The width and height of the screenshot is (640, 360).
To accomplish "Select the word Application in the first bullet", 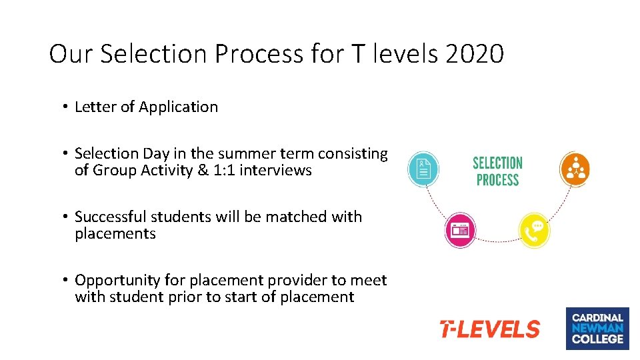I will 178,107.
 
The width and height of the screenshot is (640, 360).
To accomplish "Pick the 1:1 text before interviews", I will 225,170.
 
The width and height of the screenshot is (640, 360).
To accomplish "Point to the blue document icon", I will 423,169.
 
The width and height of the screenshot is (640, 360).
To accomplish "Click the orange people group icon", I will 575,169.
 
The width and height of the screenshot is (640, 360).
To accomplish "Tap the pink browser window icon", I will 460,230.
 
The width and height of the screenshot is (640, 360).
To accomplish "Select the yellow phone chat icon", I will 534,231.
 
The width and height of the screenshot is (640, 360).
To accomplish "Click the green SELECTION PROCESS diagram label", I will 497,171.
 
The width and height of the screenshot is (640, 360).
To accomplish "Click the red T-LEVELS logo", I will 490,329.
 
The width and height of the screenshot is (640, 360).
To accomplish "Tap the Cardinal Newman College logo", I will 597,328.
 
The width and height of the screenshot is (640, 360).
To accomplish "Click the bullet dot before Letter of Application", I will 66,107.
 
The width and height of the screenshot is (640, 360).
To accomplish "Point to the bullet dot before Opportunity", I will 66,281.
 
